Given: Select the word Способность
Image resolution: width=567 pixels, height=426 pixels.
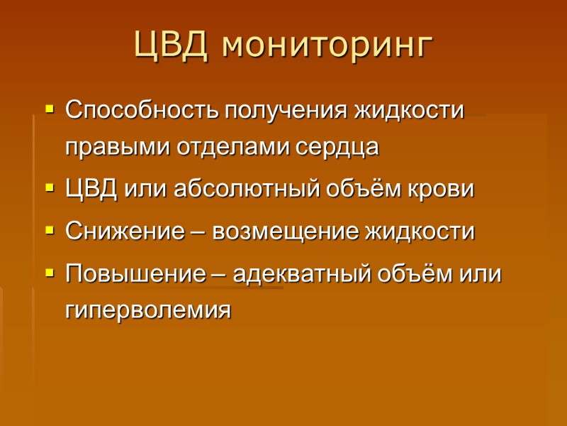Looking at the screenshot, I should tap(142, 111).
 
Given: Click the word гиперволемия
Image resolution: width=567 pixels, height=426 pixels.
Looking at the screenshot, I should tap(148, 310).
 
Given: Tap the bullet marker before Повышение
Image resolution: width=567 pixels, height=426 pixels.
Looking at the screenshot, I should tap(49, 273).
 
